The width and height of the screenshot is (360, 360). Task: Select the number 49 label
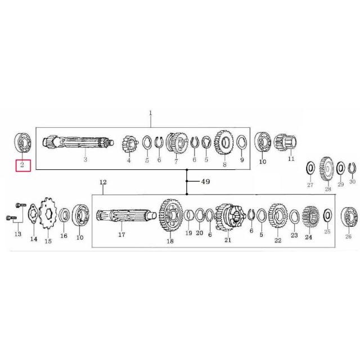(x=205, y=182)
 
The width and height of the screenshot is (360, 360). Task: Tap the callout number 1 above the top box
(x=150, y=113)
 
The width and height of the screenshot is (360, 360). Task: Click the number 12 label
(x=103, y=182)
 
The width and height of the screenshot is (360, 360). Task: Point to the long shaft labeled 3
(x=78, y=142)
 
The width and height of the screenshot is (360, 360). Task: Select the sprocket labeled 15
(x=48, y=213)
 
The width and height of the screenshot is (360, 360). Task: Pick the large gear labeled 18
(x=170, y=215)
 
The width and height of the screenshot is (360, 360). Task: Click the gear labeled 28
(x=326, y=169)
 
